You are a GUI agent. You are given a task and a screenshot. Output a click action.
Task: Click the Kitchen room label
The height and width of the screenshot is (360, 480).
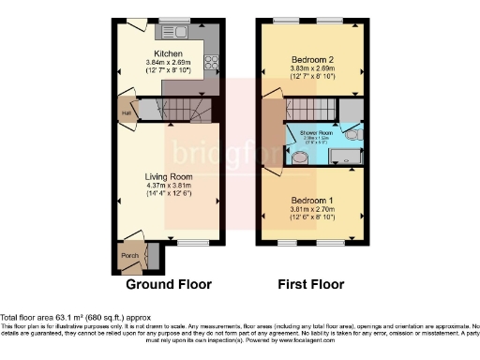[x=168, y=54]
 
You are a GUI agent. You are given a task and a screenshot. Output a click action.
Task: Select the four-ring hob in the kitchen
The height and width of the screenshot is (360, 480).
[x=211, y=66]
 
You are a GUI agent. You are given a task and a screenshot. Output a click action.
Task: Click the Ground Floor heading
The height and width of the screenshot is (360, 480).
[x=169, y=284]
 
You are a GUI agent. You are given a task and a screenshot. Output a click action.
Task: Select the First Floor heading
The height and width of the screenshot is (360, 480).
[x=310, y=284]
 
